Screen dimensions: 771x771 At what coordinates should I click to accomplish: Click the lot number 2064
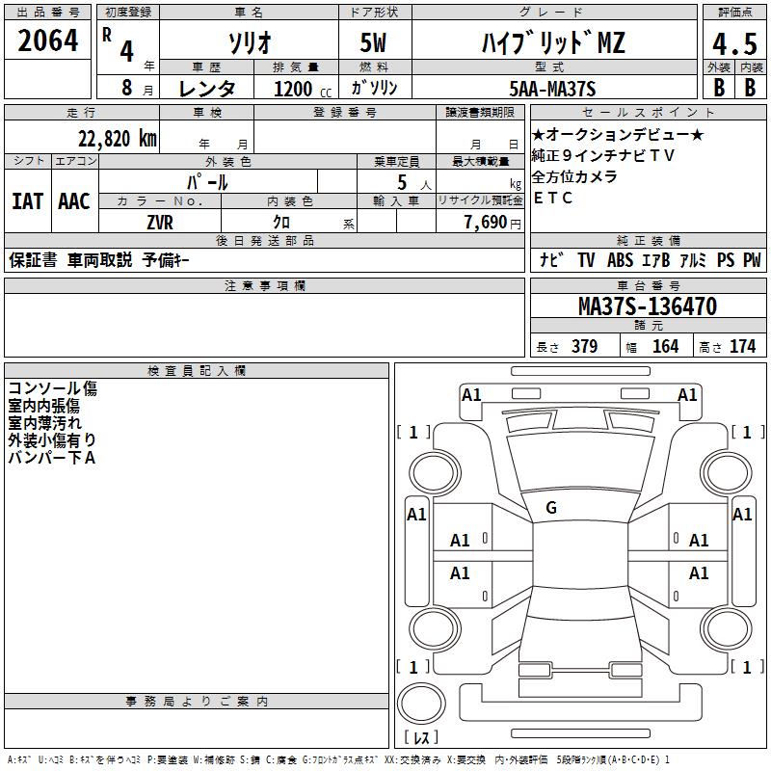47,41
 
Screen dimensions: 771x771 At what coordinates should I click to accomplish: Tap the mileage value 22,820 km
113,139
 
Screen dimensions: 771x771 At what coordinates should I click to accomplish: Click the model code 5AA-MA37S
552,89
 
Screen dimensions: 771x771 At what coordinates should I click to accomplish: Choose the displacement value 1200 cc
295,89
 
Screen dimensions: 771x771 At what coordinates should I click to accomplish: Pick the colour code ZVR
161,221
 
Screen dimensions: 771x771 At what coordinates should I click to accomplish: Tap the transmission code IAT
27,200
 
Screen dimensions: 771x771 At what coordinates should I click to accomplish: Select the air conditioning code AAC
74,200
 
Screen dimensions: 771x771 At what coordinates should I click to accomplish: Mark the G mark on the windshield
551,508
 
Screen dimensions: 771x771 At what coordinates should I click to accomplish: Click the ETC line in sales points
553,199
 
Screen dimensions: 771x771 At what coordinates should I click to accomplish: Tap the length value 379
584,346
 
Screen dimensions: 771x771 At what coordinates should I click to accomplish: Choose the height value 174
742,346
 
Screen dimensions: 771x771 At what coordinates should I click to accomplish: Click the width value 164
665,346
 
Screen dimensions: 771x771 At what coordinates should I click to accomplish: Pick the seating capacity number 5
400,182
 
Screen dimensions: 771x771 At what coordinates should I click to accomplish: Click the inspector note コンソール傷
52,388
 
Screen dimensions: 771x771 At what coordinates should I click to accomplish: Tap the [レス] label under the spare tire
421,737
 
